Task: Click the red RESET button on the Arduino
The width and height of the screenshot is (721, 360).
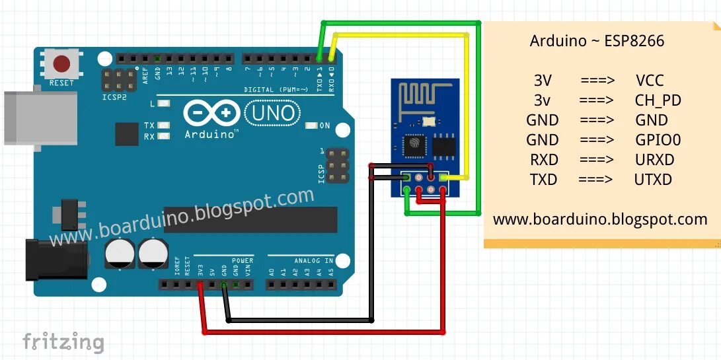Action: coord(62,64)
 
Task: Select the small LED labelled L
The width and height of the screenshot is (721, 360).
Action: coord(163,104)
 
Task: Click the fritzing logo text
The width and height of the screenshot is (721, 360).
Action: coord(63,342)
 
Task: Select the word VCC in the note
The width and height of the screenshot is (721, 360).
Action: coord(650,81)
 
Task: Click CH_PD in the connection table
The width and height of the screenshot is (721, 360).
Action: coord(657,100)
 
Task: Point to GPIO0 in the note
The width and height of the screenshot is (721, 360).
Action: coord(657,140)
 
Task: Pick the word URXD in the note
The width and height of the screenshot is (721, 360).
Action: coord(654,160)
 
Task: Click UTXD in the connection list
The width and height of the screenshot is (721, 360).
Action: coord(653,180)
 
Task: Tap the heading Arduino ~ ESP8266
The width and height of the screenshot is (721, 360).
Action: coord(597,41)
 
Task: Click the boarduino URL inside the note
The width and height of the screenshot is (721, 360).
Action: coord(600,219)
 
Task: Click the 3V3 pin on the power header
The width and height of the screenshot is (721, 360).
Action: coord(200,285)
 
